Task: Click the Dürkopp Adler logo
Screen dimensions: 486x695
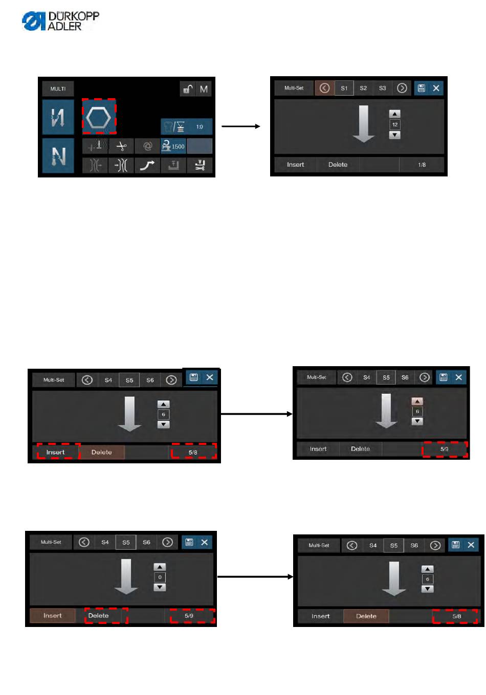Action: [60, 21]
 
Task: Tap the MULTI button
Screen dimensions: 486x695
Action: [58, 89]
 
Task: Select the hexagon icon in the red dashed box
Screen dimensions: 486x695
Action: [99, 117]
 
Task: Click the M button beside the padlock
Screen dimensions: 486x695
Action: [204, 89]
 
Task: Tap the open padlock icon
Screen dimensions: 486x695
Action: [188, 89]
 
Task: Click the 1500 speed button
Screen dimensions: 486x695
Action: [173, 146]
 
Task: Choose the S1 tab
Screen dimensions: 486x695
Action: [344, 88]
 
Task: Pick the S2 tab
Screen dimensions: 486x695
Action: [363, 88]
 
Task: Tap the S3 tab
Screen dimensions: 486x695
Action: [383, 88]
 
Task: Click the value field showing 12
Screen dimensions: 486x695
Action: [394, 124]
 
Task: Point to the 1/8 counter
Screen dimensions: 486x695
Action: [422, 165]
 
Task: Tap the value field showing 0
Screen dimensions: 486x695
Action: [160, 577]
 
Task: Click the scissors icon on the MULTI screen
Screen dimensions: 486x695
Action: [121, 146]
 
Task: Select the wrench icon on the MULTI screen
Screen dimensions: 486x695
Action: [200, 165]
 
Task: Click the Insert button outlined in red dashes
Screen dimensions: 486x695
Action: [56, 452]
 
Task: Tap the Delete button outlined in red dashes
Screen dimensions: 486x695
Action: [99, 616]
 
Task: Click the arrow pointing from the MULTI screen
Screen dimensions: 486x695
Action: [241, 126]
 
